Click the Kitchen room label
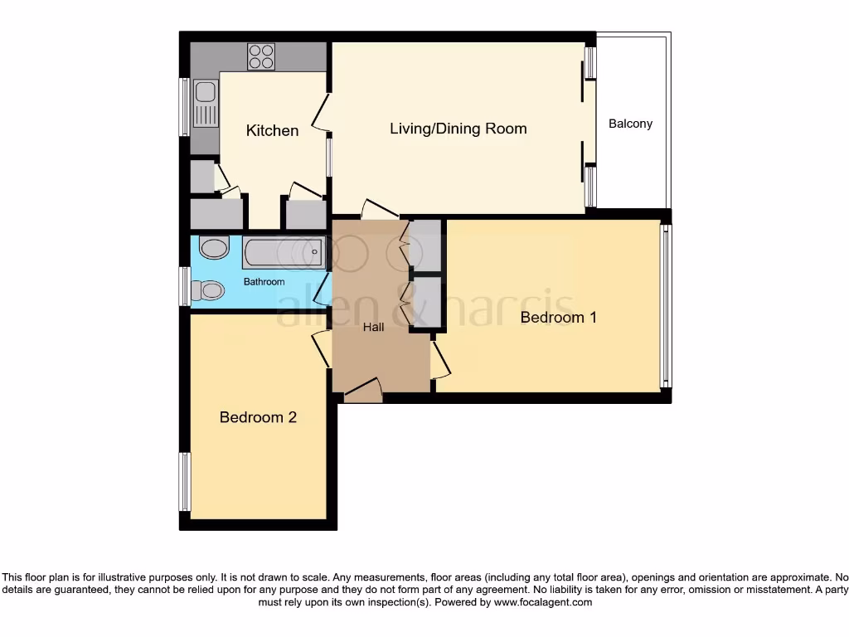click(272, 130)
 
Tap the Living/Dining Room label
click(458, 129)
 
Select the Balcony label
click(630, 124)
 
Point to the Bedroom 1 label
click(558, 317)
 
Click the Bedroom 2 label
click(258, 417)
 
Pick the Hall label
click(374, 327)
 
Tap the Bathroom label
click(264, 282)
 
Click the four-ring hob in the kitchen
click(261, 57)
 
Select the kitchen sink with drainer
click(206, 103)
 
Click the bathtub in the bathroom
click(284, 252)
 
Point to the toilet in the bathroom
click(207, 290)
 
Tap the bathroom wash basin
click(215, 247)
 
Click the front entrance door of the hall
click(364, 390)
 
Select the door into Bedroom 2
click(322, 351)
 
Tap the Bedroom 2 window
click(185, 482)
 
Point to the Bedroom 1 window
click(666, 305)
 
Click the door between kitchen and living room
click(321, 113)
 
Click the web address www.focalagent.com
click(543, 602)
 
